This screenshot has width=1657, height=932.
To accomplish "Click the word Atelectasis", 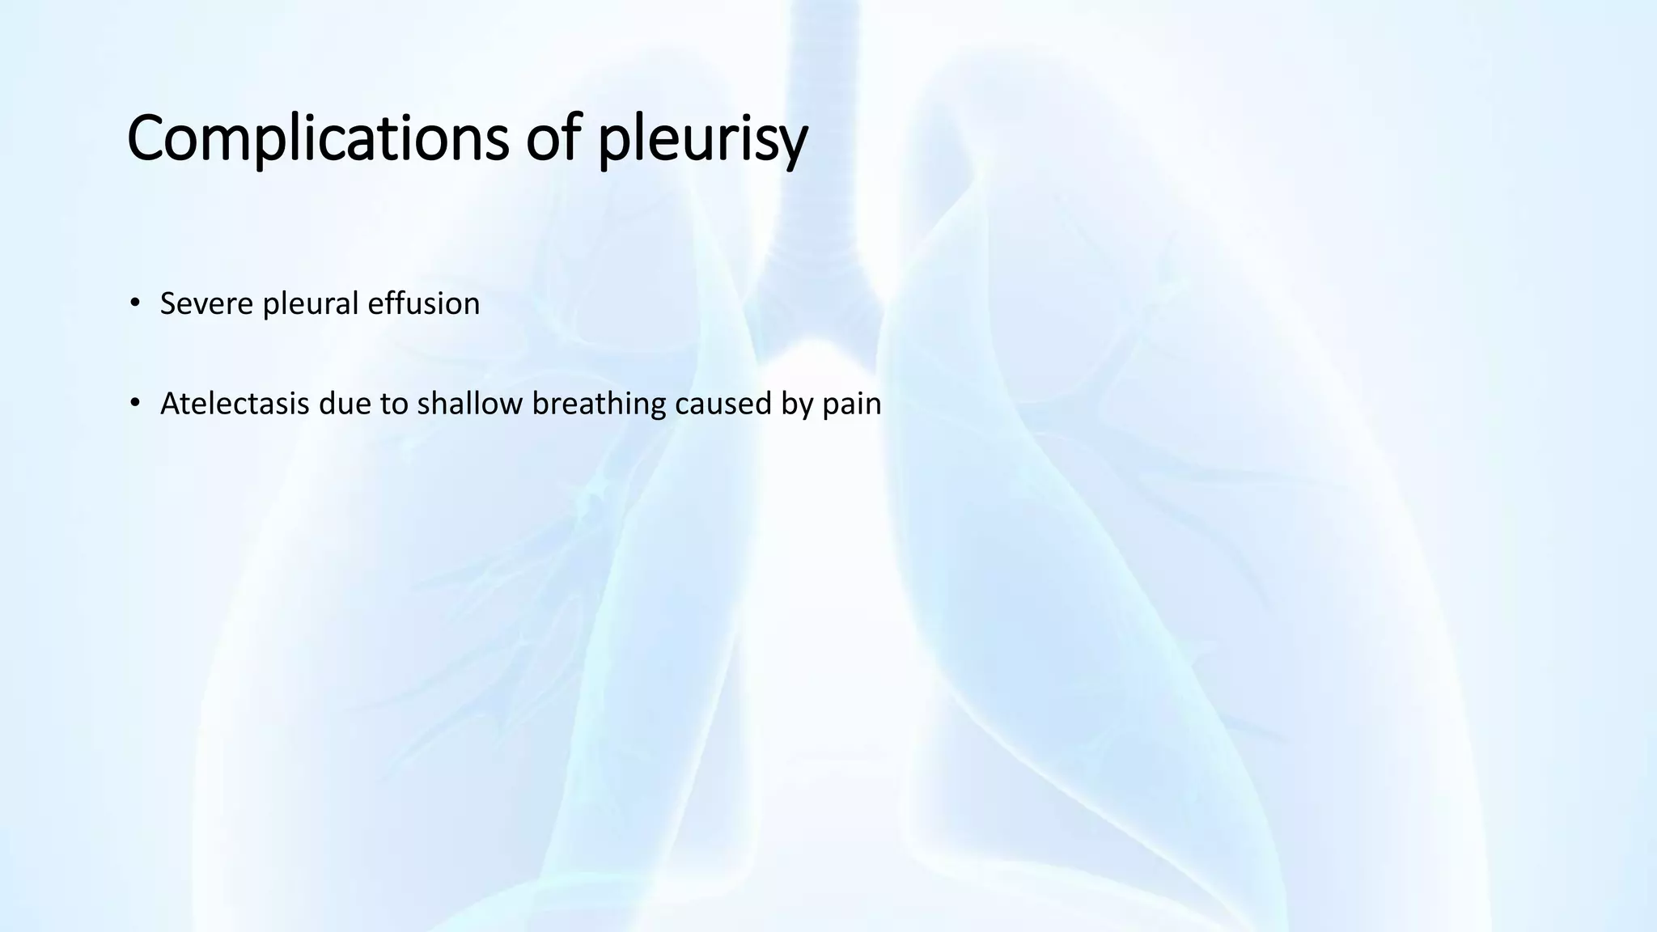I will [x=234, y=403].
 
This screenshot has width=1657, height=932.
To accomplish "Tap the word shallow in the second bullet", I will [x=469, y=403].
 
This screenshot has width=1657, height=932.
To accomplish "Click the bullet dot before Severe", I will [x=134, y=304].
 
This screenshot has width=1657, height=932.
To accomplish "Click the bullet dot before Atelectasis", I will [x=134, y=403].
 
